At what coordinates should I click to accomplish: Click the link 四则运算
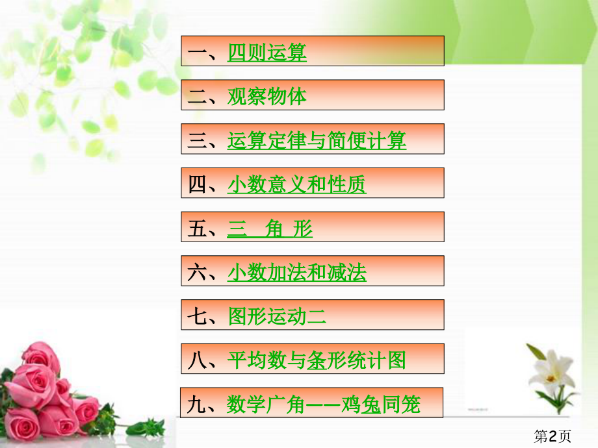[266, 52]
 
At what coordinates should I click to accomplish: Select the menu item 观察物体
[266, 96]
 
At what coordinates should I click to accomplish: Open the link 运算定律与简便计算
[317, 140]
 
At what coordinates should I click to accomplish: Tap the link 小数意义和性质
[296, 184]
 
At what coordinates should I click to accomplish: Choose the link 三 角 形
[270, 229]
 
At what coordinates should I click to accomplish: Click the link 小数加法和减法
[296, 273]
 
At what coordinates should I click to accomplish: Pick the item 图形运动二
[277, 316]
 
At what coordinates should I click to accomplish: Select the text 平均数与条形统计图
[317, 360]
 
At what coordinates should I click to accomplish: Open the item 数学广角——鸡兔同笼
[323, 404]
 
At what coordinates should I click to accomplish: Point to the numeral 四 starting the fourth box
[197, 185]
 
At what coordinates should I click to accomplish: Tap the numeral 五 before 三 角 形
[197, 229]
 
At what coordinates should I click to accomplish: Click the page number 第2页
[552, 436]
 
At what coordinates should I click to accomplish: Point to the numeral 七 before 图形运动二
[197, 317]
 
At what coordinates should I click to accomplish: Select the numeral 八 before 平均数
[197, 361]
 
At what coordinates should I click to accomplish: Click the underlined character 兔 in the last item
[370, 404]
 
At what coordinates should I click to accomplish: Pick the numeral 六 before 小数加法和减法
[197, 273]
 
